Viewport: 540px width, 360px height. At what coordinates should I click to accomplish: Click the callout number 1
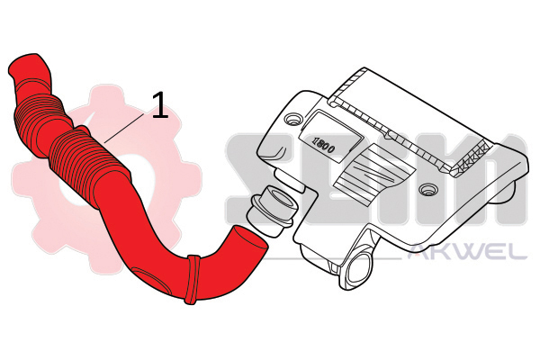coord(160,105)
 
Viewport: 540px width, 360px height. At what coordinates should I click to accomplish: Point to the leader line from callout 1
coord(123,128)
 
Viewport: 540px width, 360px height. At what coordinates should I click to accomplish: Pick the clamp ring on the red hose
coord(193,279)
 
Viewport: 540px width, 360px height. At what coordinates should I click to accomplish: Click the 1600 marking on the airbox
coord(323,145)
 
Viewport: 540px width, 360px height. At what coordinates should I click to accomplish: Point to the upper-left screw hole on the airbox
coord(293,119)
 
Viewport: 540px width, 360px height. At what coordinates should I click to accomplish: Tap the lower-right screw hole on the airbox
coord(427,189)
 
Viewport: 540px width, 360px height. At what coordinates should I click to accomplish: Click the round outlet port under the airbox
coord(358,267)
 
